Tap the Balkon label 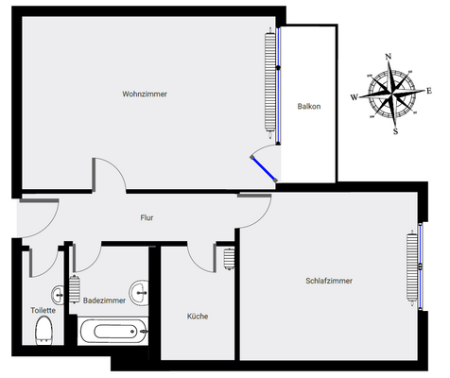[x=308, y=106]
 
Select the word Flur [x=147, y=218]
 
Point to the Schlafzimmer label [x=329, y=281]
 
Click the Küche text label [x=197, y=317]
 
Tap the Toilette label [x=43, y=309]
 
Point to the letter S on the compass [x=395, y=130]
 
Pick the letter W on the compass [x=355, y=96]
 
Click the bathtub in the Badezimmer [x=112, y=333]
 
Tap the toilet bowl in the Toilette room [x=43, y=332]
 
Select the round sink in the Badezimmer [x=141, y=289]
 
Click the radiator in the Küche [x=229, y=258]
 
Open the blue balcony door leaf [x=263, y=167]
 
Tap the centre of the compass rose [x=390, y=93]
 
